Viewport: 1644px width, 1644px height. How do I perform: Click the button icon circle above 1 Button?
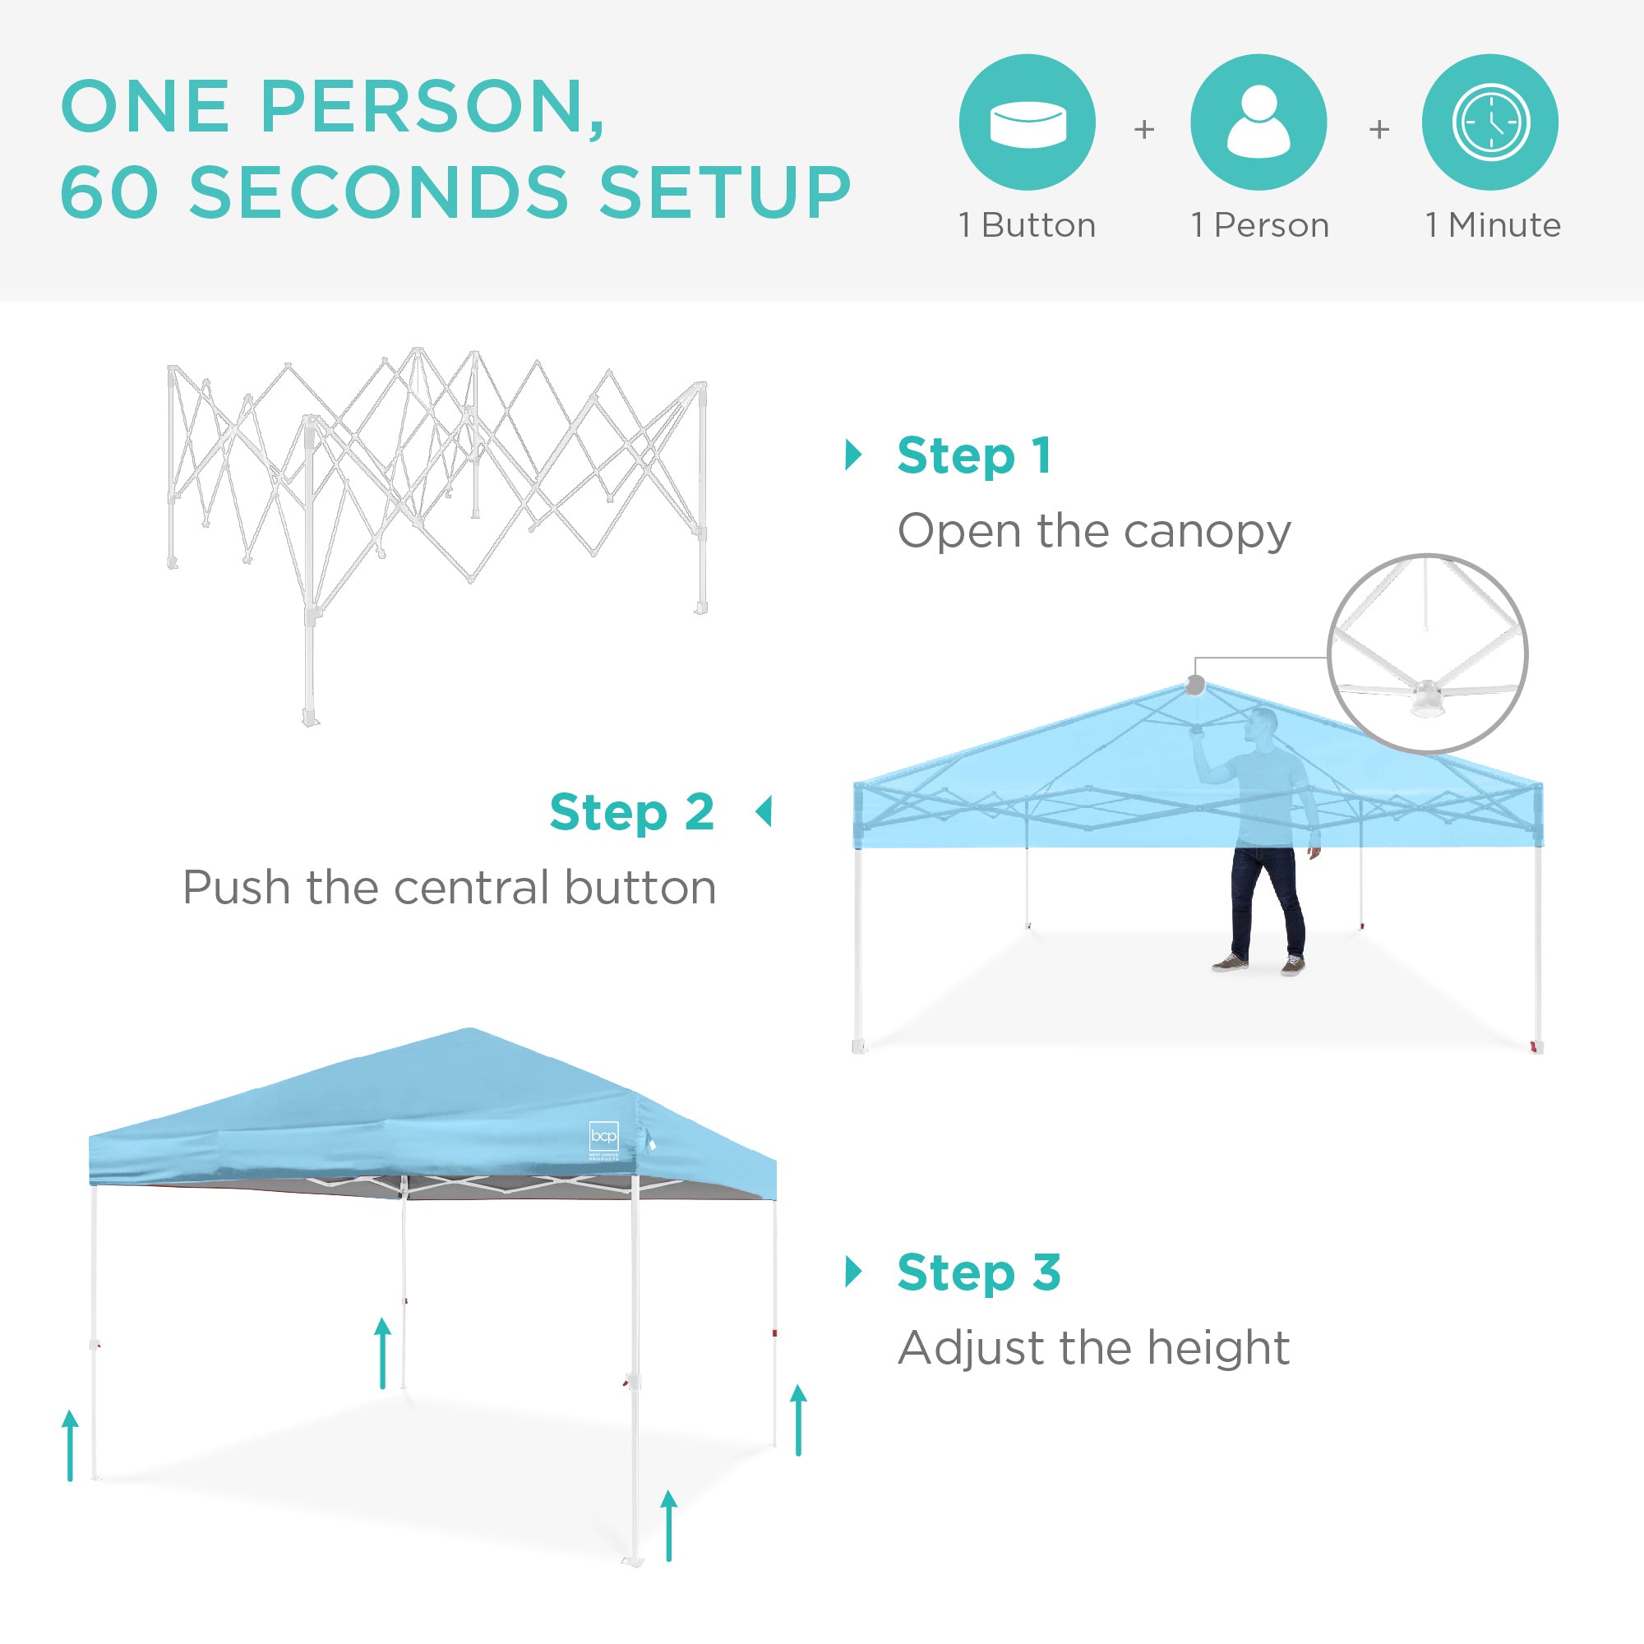point(1026,122)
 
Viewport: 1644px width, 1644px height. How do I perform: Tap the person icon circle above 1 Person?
point(1258,122)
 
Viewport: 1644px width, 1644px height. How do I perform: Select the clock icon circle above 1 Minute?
point(1490,122)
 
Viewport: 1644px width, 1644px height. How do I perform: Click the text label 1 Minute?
point(1493,225)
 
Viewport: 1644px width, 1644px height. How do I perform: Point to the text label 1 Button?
point(1026,225)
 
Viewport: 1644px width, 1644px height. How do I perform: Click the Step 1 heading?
point(974,456)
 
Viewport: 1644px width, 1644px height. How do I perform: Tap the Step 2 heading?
point(631,813)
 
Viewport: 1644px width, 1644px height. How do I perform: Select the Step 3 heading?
point(978,1273)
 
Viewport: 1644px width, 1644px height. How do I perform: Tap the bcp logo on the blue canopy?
point(603,1137)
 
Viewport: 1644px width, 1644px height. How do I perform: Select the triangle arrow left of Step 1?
point(852,455)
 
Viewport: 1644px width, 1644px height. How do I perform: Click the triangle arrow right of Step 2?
point(764,812)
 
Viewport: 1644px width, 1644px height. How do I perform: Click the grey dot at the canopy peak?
point(1194,684)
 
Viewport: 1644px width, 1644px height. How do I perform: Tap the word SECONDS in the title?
point(379,192)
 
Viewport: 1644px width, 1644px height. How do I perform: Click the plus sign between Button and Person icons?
point(1144,129)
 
